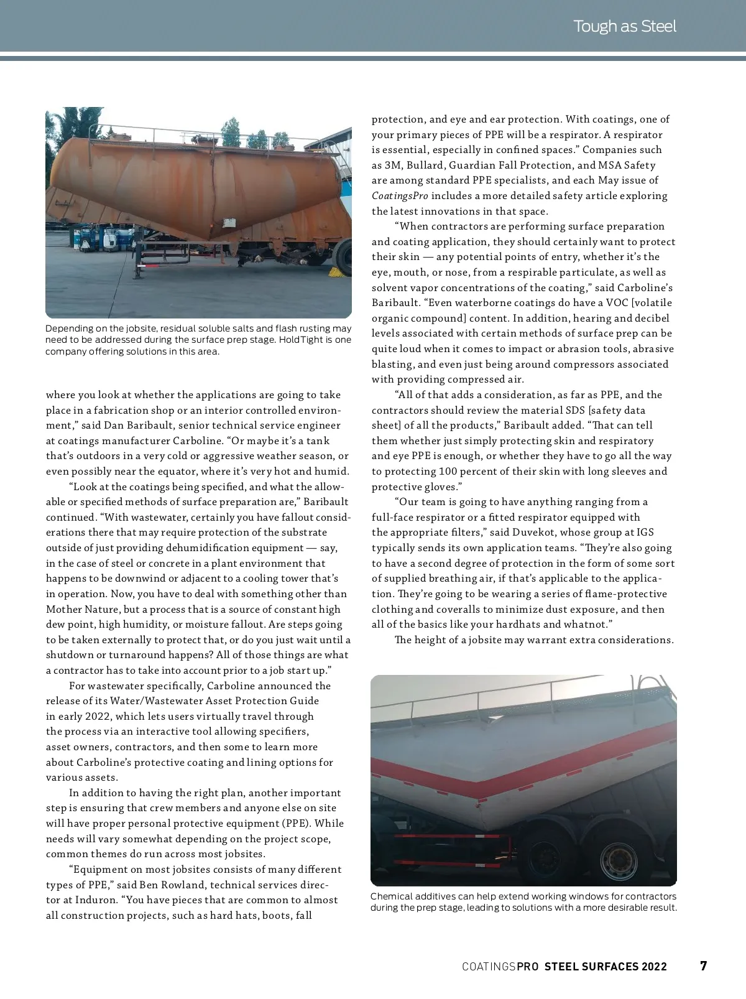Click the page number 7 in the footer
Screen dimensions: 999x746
(703, 966)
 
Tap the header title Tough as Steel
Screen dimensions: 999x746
(624, 26)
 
